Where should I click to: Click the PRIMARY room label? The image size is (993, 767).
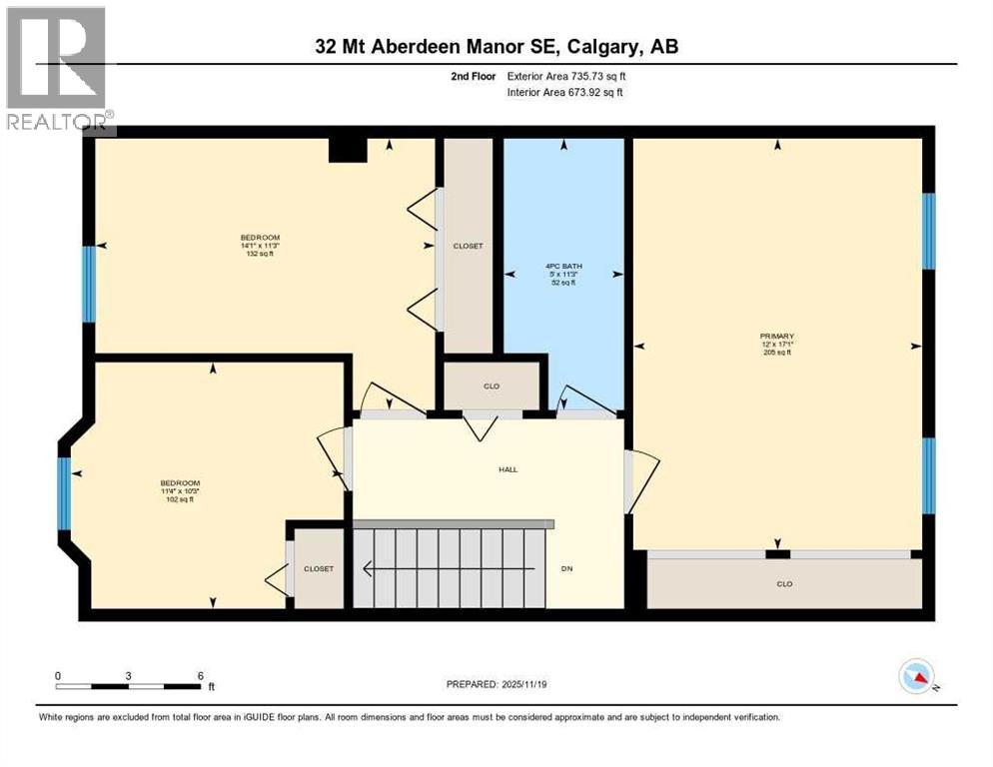point(775,337)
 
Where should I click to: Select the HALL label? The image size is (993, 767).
point(508,469)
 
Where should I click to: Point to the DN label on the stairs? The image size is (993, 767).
point(565,569)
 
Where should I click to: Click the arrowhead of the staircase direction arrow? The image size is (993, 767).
point(368,569)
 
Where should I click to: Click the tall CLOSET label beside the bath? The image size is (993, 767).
point(468,246)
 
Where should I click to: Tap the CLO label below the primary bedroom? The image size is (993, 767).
point(784,584)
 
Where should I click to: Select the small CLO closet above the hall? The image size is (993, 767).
point(492,385)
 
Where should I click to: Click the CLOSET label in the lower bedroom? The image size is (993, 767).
point(319,568)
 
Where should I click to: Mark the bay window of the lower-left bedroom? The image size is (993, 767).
point(65,492)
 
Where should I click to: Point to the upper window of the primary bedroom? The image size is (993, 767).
point(928,231)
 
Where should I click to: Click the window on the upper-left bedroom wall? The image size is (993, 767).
point(88,284)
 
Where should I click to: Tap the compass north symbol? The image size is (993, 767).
point(916,678)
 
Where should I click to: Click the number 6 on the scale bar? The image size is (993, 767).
point(201,675)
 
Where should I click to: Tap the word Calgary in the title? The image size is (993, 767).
point(611,46)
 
